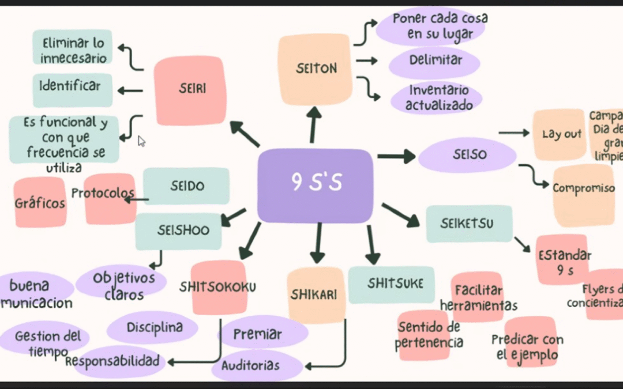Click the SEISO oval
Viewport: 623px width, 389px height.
(467, 155)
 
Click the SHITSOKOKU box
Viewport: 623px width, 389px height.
(219, 287)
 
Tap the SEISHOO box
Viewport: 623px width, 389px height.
(178, 231)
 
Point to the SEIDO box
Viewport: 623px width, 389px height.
(186, 187)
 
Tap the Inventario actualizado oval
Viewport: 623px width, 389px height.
(436, 98)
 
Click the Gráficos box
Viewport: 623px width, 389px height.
(40, 202)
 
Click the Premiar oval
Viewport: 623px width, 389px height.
(257, 334)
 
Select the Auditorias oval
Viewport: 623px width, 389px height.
(251, 365)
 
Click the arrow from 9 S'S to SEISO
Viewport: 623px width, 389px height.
(396, 156)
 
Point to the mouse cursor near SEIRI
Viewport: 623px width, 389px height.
(141, 141)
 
